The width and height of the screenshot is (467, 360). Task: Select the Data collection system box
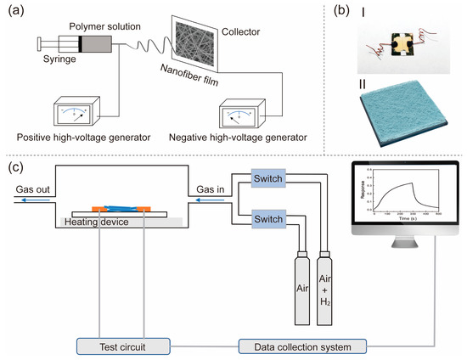(x=290, y=346)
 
